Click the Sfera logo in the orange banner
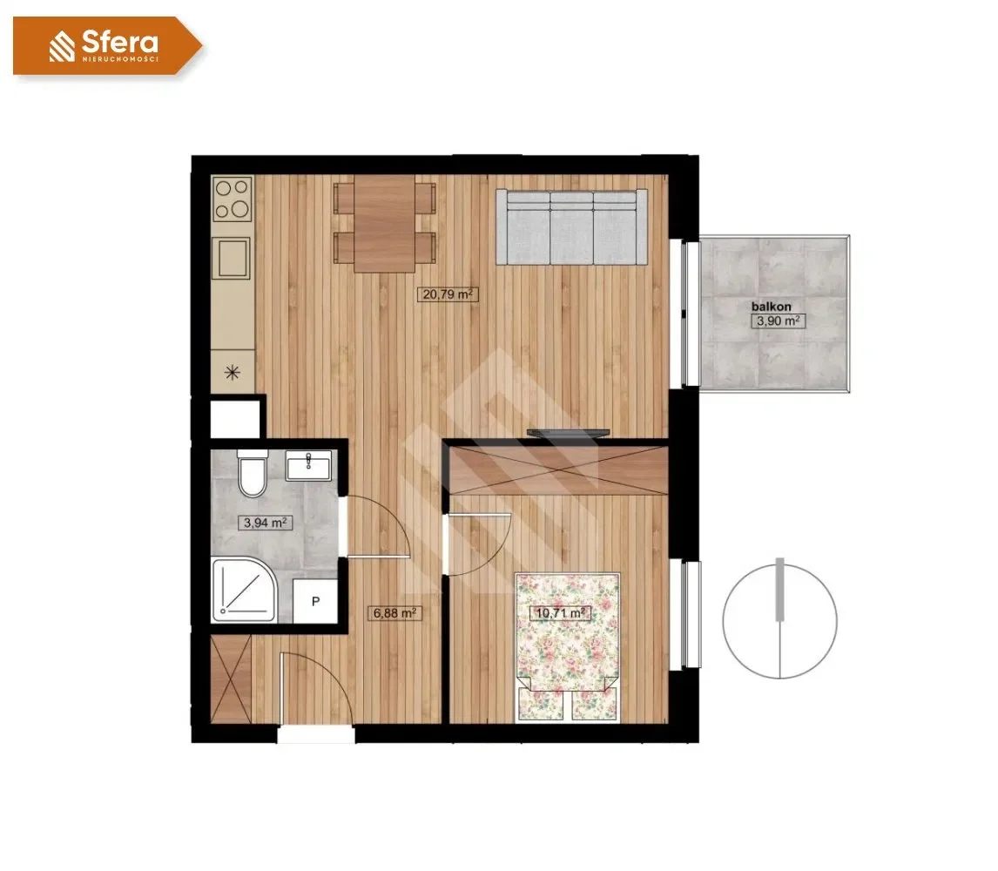(x=104, y=46)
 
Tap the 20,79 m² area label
(x=448, y=294)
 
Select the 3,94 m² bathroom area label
(x=265, y=523)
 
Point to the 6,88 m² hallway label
(x=394, y=613)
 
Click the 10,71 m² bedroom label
(x=561, y=613)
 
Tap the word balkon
(x=771, y=307)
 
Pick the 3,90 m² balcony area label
(x=778, y=321)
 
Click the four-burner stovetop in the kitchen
(x=233, y=198)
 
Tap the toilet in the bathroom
(x=253, y=473)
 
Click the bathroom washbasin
(x=308, y=464)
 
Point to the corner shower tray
(x=243, y=591)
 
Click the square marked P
(x=315, y=601)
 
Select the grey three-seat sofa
(x=571, y=226)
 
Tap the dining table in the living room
(x=385, y=224)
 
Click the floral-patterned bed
(x=568, y=646)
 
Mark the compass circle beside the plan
(x=779, y=621)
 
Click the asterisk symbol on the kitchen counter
(x=233, y=372)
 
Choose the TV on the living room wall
(x=569, y=433)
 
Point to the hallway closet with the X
(x=231, y=679)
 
